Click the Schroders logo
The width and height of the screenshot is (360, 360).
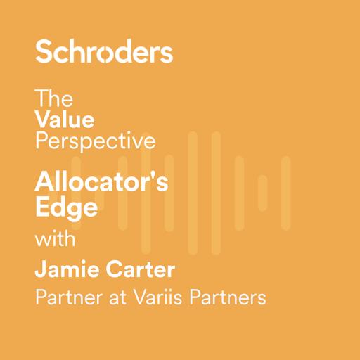tap(104, 52)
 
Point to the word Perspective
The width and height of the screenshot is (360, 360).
tap(95, 141)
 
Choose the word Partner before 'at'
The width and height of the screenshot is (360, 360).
tap(67, 297)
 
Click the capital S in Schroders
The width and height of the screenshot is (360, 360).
tap(44, 52)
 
